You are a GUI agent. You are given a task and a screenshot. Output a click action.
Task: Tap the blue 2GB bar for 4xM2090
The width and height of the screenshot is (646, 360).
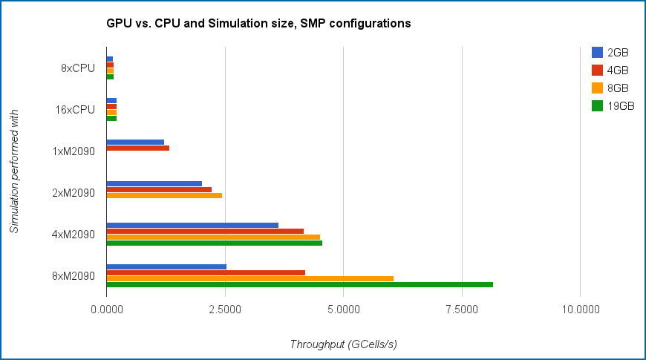pyautogui.click(x=192, y=225)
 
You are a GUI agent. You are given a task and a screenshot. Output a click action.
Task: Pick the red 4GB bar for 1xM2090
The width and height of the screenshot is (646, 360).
pyautogui.click(x=137, y=148)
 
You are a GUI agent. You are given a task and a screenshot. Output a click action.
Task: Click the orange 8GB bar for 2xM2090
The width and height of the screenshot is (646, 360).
pyautogui.click(x=164, y=195)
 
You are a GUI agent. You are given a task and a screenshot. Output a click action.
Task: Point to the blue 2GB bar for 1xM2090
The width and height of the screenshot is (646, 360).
pyautogui.click(x=135, y=142)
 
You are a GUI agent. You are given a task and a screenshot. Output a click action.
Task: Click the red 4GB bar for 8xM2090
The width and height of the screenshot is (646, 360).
pyautogui.click(x=206, y=272)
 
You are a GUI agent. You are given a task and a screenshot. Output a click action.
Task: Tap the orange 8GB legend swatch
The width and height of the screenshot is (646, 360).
pyautogui.click(x=597, y=88)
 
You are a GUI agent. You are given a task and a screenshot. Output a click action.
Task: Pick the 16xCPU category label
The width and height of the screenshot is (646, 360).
pyautogui.click(x=76, y=110)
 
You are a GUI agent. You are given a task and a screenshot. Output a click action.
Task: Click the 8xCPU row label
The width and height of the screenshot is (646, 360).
pyautogui.click(x=78, y=68)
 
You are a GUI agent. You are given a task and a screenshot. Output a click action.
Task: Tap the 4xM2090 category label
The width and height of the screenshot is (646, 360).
pyautogui.click(x=74, y=235)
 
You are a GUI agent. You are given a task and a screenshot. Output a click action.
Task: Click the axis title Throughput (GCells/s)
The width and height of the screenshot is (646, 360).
pyautogui.click(x=342, y=344)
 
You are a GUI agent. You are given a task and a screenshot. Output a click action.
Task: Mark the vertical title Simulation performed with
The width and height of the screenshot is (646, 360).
pyautogui.click(x=14, y=171)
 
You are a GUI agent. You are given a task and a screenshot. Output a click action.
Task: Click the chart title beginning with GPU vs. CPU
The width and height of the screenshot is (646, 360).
pyautogui.click(x=259, y=24)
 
